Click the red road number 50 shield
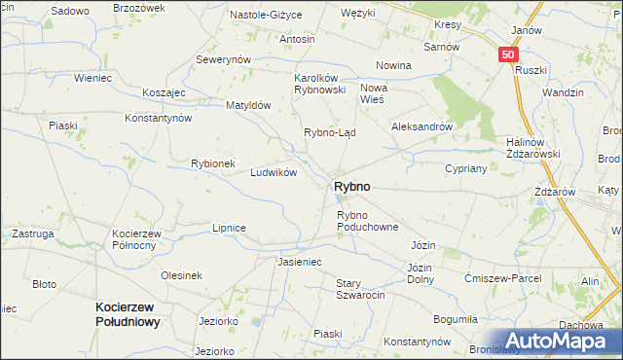tap(508, 55)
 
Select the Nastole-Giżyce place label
tap(266, 16)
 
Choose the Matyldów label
tap(247, 105)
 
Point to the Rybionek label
tap(213, 163)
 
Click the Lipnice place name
tap(229, 228)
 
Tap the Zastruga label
tap(31, 234)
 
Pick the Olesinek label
tap(181, 275)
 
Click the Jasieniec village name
tap(299, 263)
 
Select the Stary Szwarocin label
tap(360, 289)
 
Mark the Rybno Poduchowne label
tap(368, 221)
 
